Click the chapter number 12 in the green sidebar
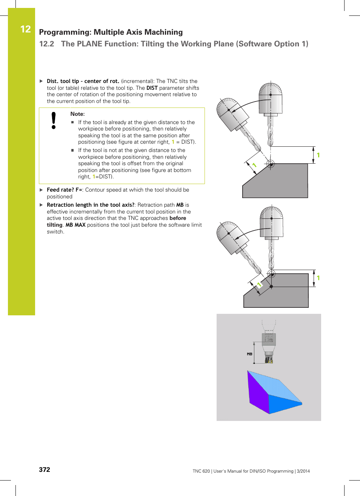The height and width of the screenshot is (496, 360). point(25,29)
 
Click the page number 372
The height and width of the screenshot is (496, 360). point(45,470)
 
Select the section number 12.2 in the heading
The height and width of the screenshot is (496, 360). point(46,44)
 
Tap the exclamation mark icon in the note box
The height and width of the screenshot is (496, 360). point(54,121)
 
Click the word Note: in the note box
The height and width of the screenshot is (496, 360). point(77,114)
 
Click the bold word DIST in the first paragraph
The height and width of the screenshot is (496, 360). point(152,88)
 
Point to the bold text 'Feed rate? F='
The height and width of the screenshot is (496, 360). point(64,190)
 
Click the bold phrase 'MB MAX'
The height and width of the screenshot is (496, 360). point(75,225)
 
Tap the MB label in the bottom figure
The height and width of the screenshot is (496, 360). point(249,354)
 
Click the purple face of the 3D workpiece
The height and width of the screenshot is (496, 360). point(257,392)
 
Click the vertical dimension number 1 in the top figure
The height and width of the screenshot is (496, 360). point(318,155)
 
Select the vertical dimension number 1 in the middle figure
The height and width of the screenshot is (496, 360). point(318,278)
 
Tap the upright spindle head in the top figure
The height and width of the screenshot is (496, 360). point(271,98)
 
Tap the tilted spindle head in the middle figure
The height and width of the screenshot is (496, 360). point(232,238)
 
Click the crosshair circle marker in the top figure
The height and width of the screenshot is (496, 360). point(270,164)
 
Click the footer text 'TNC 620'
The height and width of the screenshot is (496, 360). point(201,471)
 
